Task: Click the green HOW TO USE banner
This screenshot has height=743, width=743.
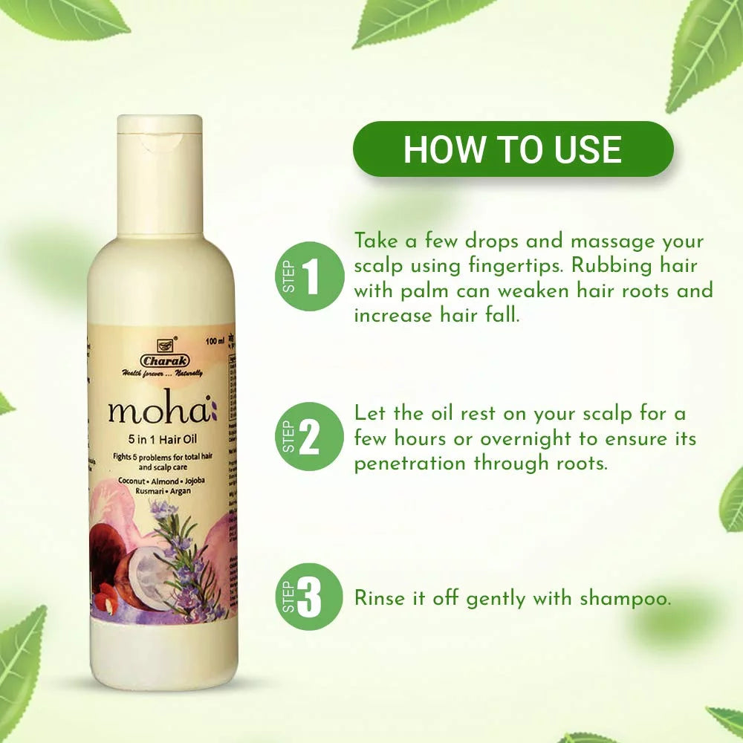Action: [x=513, y=149]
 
